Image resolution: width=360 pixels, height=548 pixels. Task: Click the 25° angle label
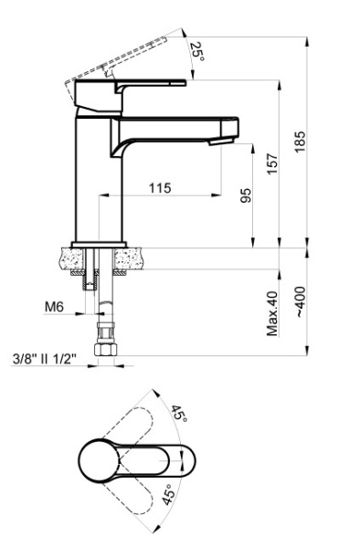pyautogui.click(x=197, y=52)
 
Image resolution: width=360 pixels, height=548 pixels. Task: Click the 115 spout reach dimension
pyautogui.click(x=160, y=187)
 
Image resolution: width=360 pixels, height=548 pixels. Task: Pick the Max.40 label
pyautogui.click(x=272, y=313)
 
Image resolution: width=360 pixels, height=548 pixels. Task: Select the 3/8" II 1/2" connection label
pyautogui.click(x=43, y=360)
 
